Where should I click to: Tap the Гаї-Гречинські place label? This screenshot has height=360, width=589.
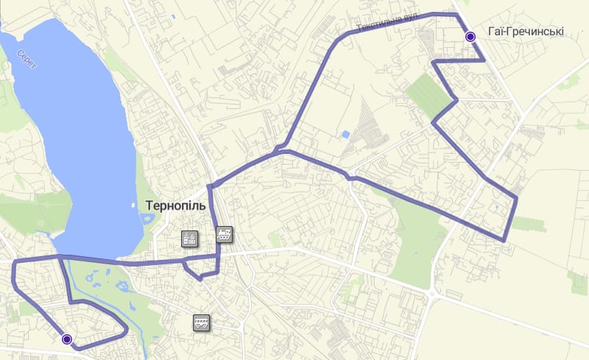tap(525, 32)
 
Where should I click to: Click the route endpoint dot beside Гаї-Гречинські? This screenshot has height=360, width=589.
tap(470, 37)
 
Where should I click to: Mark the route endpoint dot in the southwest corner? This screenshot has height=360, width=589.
tap(67, 339)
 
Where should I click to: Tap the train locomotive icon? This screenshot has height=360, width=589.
tap(225, 236)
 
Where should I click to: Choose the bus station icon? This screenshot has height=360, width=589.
tap(201, 322)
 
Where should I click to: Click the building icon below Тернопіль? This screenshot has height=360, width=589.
tap(189, 239)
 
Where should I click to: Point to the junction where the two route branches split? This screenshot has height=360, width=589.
tap(278, 151)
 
